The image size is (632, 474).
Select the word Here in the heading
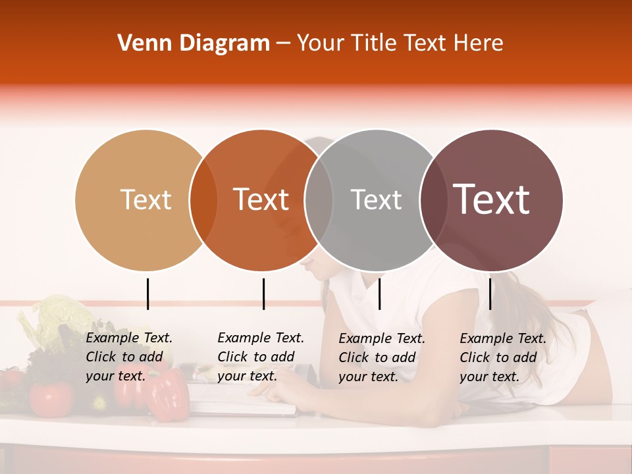tap(479, 43)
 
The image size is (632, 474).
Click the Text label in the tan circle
tap(146, 199)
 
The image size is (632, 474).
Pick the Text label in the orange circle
tap(261, 199)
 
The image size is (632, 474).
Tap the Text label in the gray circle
tap(376, 199)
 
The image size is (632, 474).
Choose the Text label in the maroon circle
tap(492, 199)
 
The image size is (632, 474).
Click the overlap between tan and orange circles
tap(203, 200)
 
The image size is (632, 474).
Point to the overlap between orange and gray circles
tap(319, 200)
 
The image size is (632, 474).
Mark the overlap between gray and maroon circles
tap(433, 200)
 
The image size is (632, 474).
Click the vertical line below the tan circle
tap(147, 294)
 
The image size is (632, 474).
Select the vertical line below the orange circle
tap(263, 294)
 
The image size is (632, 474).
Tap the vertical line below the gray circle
tap(379, 294)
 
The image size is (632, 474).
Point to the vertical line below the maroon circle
tap(490, 294)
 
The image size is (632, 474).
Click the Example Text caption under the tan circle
tap(129, 357)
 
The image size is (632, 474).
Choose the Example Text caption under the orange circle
tap(261, 357)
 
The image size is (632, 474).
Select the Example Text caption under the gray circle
tap(382, 357)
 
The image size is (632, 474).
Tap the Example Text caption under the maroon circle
tap(503, 357)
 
